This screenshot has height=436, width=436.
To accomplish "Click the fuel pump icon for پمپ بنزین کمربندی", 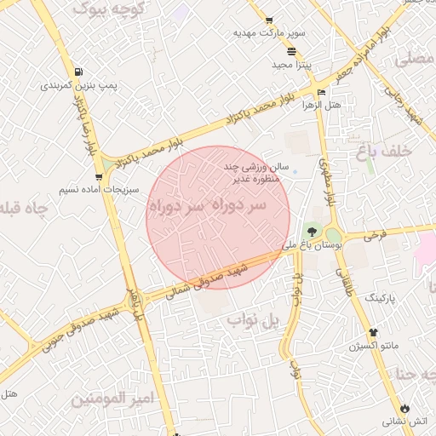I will (x=79, y=72).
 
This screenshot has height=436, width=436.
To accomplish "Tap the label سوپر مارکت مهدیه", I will (x=270, y=33).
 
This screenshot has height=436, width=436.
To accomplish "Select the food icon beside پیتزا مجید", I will (x=292, y=51).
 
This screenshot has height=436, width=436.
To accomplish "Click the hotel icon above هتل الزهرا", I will (x=321, y=92).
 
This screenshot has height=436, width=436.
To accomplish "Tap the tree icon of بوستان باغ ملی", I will (x=311, y=231).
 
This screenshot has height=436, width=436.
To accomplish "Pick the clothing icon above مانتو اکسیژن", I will (x=371, y=332).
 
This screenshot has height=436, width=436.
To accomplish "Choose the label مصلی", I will (x=416, y=60).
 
